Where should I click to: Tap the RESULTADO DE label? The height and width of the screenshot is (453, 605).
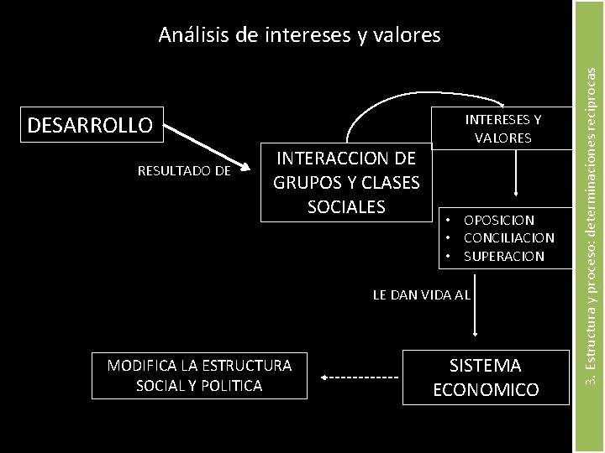(x=183, y=171)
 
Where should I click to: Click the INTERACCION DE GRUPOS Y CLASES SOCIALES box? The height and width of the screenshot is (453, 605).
(x=345, y=182)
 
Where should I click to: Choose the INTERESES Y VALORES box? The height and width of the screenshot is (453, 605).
(x=502, y=128)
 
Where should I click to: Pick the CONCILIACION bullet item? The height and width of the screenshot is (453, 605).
(x=509, y=238)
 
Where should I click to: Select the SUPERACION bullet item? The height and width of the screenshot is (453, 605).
(x=504, y=256)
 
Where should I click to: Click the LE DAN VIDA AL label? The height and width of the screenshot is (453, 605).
(x=421, y=295)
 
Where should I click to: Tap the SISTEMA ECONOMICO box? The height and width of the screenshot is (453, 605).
(x=486, y=377)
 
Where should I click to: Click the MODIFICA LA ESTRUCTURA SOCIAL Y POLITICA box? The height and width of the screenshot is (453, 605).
(x=199, y=375)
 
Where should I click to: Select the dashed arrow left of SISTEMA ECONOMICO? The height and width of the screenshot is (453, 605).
(x=360, y=378)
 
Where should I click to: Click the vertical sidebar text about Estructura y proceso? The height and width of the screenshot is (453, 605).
(x=592, y=226)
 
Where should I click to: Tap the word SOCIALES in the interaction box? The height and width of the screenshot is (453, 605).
(x=346, y=206)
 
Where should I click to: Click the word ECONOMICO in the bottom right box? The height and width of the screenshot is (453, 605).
(x=486, y=390)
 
